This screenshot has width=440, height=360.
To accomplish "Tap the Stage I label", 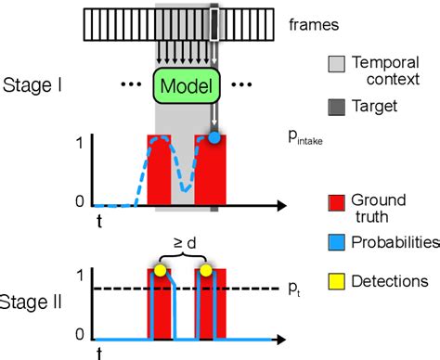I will click(x=32, y=88).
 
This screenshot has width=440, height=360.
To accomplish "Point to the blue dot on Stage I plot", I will click(x=214, y=137).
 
